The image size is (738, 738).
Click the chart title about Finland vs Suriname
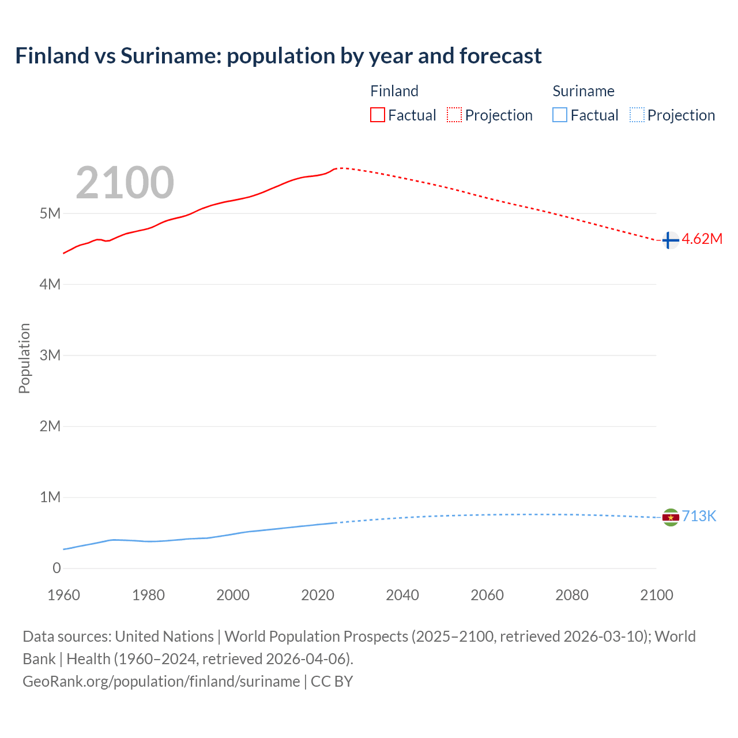point(278,56)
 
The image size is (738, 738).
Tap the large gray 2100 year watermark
point(125,183)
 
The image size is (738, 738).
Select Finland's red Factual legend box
point(377,115)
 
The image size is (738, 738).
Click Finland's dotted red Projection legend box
point(454,115)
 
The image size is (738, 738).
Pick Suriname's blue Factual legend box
point(560,115)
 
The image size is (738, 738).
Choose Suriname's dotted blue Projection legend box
point(637,115)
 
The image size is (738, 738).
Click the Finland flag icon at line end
point(670,240)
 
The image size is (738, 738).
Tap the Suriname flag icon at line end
point(670,517)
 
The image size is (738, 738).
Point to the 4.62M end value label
point(702,239)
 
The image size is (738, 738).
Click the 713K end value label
point(699,517)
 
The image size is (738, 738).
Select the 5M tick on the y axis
point(50,214)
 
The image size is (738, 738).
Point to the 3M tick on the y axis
point(50,355)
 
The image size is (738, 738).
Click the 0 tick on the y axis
point(57,568)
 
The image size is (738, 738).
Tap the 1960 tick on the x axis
point(63,595)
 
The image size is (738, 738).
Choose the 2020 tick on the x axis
point(318,595)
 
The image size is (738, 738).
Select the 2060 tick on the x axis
point(487,595)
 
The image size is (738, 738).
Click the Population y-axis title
point(24,358)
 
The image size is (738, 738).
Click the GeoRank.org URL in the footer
point(161,681)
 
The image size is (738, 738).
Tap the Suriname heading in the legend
point(583,91)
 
